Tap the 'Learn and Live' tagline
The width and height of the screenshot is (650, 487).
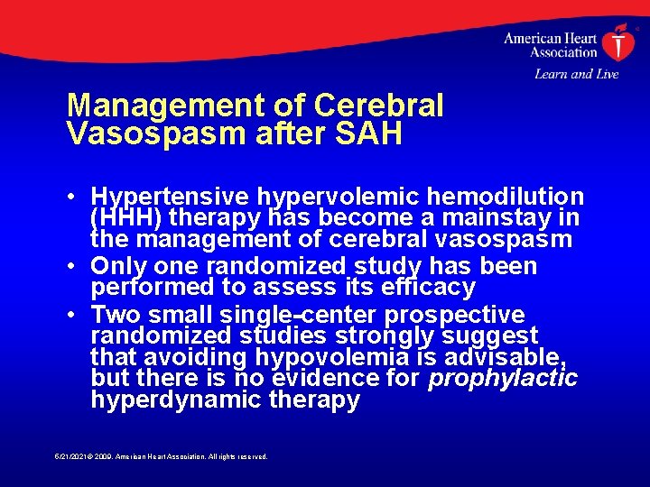click(576, 74)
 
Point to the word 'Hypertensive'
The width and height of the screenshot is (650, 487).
click(172, 197)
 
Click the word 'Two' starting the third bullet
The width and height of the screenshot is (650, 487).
click(115, 315)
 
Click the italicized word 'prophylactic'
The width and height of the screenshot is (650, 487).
click(503, 379)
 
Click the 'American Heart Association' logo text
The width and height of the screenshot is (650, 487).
click(550, 45)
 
